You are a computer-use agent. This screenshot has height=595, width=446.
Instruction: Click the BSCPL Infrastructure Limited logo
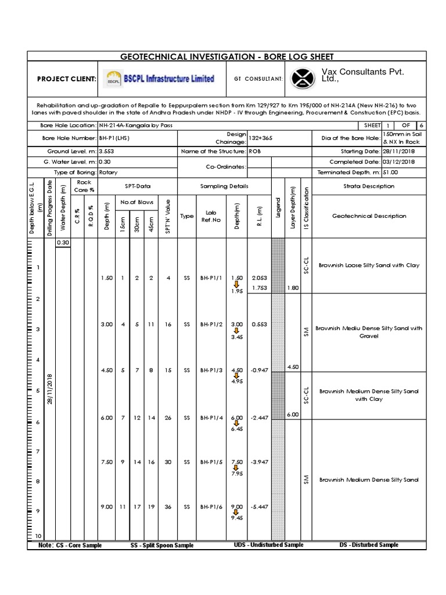pyautogui.click(x=159, y=78)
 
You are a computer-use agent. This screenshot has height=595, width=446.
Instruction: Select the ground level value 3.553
pyautogui.click(x=106, y=151)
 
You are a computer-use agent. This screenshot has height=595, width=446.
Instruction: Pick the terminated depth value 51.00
pyautogui.click(x=390, y=173)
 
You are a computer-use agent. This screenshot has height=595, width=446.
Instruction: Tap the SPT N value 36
pyautogui.click(x=168, y=507)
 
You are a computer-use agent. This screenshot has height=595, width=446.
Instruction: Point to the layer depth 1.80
pyautogui.click(x=293, y=288)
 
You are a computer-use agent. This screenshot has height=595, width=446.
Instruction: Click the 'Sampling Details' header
pyautogui.click(x=224, y=186)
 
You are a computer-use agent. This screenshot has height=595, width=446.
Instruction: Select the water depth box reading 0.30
pyautogui.click(x=63, y=242)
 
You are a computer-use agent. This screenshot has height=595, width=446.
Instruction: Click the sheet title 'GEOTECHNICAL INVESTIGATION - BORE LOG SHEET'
pyautogui.click(x=226, y=56)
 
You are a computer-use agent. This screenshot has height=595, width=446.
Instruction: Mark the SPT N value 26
pyautogui.click(x=168, y=418)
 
